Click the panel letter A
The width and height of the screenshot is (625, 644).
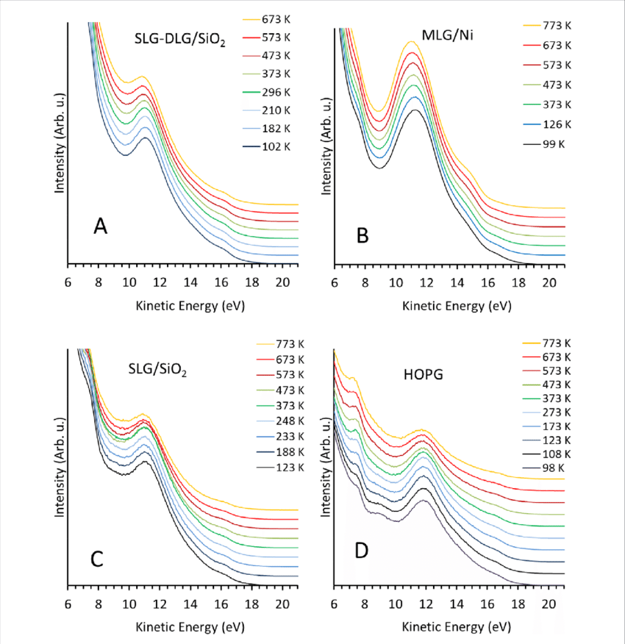(101, 227)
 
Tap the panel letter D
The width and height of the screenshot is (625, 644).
(361, 549)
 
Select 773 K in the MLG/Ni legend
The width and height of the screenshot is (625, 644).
(549, 25)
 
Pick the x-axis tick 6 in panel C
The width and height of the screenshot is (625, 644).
(68, 604)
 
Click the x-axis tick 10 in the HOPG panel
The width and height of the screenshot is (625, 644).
(395, 604)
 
